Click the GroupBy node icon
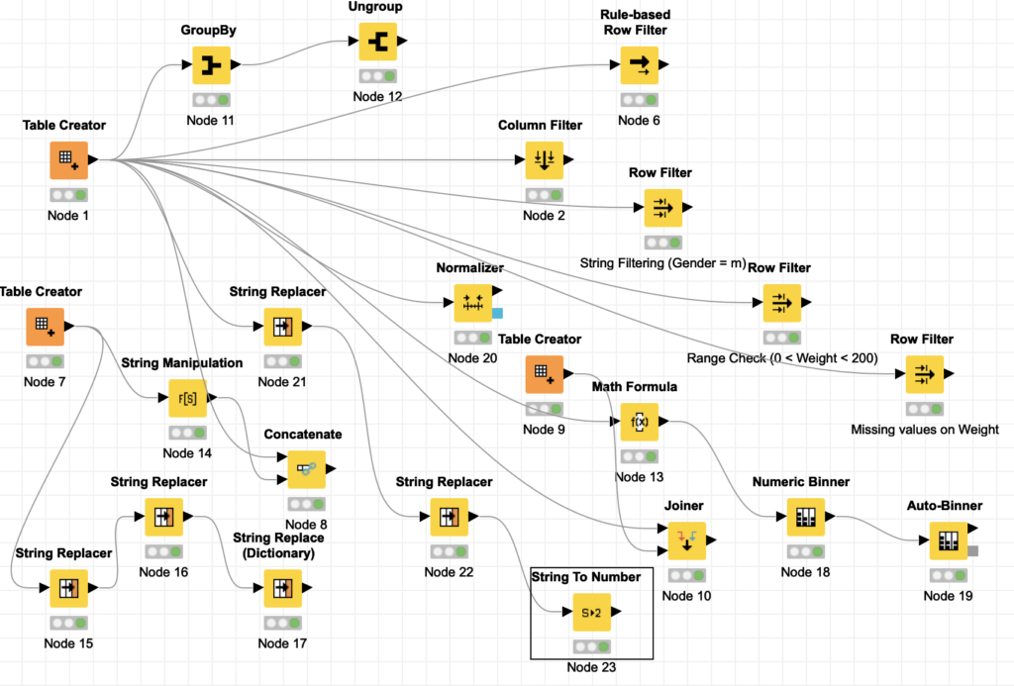tap(212, 64)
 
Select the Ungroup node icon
tap(377, 42)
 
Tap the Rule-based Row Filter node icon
tap(640, 64)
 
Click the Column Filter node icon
tap(545, 159)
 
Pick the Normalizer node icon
tap(472, 303)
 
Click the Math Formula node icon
tap(640, 422)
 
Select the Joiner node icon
tap(687, 540)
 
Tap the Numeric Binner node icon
tap(806, 517)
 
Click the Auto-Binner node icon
tap(948, 540)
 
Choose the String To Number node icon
tap(592, 612)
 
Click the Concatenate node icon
tap(307, 469)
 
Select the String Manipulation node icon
tap(187, 398)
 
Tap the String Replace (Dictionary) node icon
tap(282, 588)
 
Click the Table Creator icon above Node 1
tap(68, 159)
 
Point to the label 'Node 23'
tap(592, 667)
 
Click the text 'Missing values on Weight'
tap(925, 430)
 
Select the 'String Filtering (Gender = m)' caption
tap(662, 263)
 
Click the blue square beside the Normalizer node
tap(497, 313)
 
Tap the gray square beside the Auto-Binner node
tap(972, 550)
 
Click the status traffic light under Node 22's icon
tap(450, 551)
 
